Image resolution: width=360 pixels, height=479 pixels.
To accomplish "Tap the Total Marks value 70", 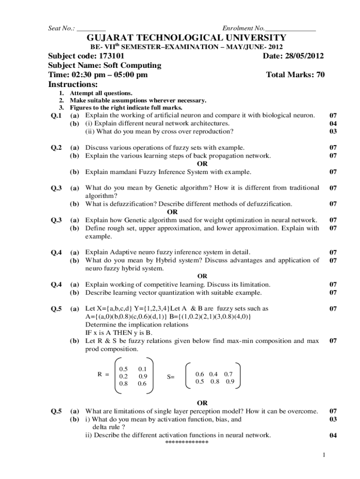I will [x=319, y=75].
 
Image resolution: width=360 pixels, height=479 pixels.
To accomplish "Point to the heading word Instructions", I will [x=73, y=85].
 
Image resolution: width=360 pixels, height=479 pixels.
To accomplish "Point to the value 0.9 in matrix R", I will [x=143, y=376].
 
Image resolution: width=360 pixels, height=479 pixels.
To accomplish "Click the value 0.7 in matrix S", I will [x=229, y=374].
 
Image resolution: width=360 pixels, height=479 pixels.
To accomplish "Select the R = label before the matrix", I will [x=103, y=374].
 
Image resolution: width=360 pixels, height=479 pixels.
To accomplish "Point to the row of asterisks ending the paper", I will [x=187, y=443].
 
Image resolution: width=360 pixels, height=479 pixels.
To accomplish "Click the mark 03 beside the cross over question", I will [x=333, y=131].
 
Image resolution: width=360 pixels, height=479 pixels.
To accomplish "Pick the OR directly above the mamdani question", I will [x=202, y=164].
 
